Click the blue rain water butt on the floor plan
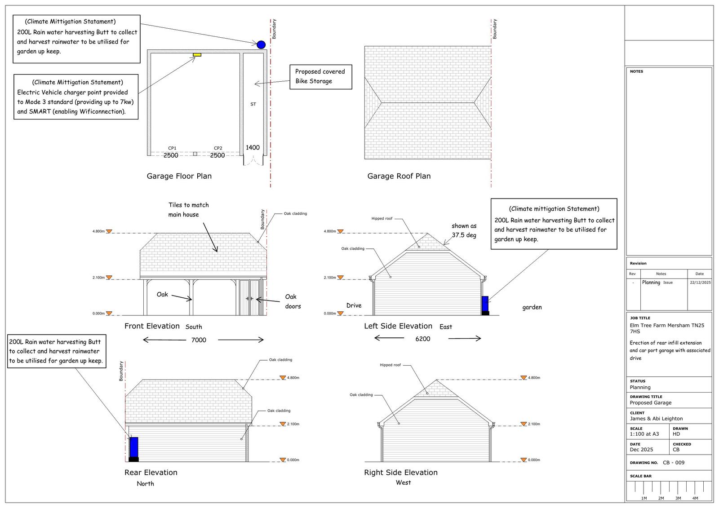point(261,44)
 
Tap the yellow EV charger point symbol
point(197,55)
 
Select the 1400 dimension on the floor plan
point(253,147)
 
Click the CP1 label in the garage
point(172,148)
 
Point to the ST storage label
point(253,104)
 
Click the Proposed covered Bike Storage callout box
point(320,76)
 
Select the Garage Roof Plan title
point(399,176)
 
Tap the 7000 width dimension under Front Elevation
point(199,340)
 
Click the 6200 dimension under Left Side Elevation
point(422,339)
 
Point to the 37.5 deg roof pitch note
point(464,230)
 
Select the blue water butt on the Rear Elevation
point(133,447)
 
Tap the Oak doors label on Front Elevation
point(293,301)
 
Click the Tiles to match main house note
point(188,210)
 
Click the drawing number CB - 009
point(674,463)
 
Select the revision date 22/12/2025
point(700,283)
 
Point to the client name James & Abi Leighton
point(656,419)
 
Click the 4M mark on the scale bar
point(695,498)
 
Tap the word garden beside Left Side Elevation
point(532,307)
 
